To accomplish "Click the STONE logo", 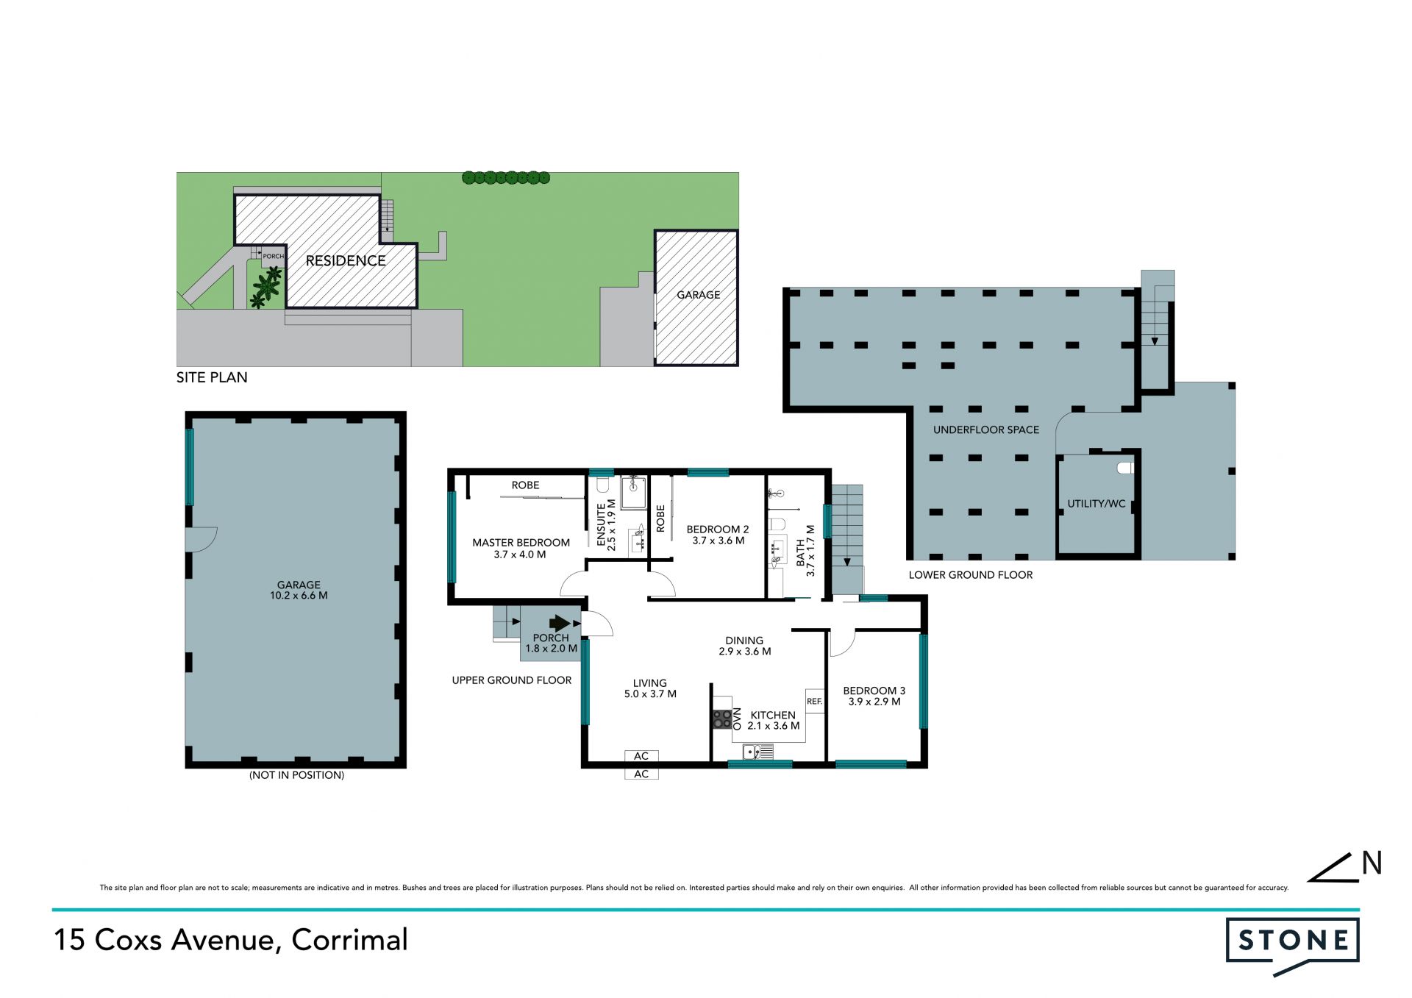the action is [x=1292, y=945].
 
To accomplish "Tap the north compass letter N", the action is [x=1372, y=863].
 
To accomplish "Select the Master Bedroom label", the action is [x=521, y=549].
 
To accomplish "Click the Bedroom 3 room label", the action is [x=874, y=696].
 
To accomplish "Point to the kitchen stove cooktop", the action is [x=722, y=719].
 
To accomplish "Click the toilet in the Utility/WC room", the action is [x=1125, y=467].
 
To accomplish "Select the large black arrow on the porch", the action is [x=560, y=623].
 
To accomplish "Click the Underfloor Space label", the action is [x=986, y=430].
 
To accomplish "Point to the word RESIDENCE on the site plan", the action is [x=346, y=260].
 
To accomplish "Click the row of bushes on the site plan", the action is [x=506, y=177].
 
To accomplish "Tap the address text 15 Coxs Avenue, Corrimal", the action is [x=231, y=940].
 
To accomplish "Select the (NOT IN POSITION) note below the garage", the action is [x=296, y=775].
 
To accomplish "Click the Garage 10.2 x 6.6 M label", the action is [x=299, y=591].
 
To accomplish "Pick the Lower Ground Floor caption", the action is [x=971, y=575].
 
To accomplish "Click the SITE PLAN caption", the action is [x=212, y=377].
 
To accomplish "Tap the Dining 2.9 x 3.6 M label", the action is [x=744, y=646].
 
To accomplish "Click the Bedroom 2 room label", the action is [x=718, y=535].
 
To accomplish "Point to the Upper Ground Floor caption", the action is [x=512, y=680].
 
